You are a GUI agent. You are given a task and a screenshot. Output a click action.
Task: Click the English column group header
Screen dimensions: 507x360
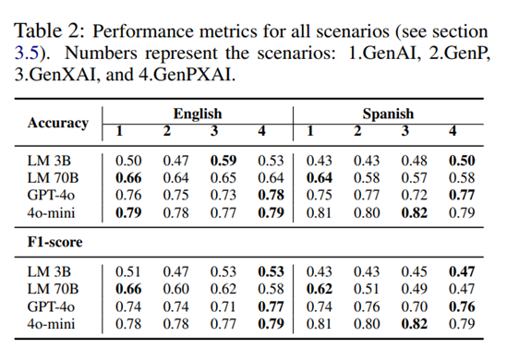pyautogui.click(x=198, y=114)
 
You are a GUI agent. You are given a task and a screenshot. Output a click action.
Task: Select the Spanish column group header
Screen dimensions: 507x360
pyautogui.click(x=388, y=114)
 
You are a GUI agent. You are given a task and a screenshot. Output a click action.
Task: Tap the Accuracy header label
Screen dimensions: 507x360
pyautogui.click(x=58, y=123)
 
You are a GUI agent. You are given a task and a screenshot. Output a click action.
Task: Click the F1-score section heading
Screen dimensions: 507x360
pyautogui.click(x=55, y=242)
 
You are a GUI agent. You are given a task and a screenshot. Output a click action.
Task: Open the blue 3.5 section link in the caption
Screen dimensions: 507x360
pyautogui.click(x=27, y=53)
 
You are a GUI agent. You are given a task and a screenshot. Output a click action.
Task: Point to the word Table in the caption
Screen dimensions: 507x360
pyautogui.click(x=38, y=31)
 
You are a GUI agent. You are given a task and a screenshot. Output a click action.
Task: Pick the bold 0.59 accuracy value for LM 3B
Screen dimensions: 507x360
pyautogui.click(x=223, y=161)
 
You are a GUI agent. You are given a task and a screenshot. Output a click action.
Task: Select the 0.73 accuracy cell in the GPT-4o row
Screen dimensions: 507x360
pyautogui.click(x=223, y=195)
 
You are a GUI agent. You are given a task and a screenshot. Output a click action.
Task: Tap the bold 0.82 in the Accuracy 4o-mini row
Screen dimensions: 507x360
pyautogui.click(x=415, y=212)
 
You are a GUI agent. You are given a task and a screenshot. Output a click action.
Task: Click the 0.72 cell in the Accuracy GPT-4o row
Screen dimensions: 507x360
pyautogui.click(x=415, y=195)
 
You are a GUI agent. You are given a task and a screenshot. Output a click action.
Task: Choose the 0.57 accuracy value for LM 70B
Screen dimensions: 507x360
pyautogui.click(x=415, y=178)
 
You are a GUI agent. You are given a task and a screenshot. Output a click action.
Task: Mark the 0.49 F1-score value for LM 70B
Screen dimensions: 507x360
pyautogui.click(x=415, y=289)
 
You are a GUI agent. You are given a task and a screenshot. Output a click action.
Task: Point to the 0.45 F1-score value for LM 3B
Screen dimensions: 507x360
pyautogui.click(x=415, y=271)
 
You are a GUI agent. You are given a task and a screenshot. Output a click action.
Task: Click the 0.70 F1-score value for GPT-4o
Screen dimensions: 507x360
pyautogui.click(x=415, y=306)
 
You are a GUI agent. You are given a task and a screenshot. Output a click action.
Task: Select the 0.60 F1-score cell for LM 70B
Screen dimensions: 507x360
pyautogui.click(x=175, y=289)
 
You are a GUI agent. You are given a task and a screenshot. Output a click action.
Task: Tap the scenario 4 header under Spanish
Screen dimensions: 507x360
pyautogui.click(x=453, y=131)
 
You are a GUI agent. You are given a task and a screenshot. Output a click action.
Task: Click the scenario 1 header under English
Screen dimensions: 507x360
pyautogui.click(x=119, y=131)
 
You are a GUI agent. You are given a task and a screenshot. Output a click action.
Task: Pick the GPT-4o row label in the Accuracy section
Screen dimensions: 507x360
pyautogui.click(x=51, y=195)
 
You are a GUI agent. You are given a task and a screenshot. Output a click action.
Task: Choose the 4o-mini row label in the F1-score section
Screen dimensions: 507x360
pyautogui.click(x=51, y=324)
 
